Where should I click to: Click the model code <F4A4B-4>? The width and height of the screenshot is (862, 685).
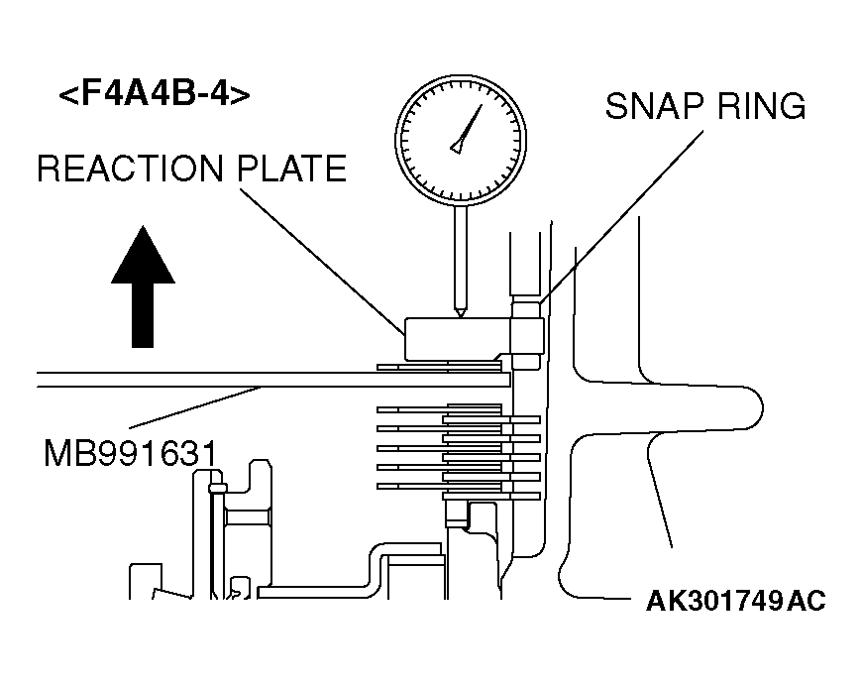tap(154, 96)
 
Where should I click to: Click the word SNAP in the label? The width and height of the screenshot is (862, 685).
tap(656, 106)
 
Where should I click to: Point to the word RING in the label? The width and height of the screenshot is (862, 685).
tap(762, 106)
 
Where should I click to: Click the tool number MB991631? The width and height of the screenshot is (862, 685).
tap(130, 453)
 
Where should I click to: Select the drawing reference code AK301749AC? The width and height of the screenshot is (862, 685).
tap(735, 601)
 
